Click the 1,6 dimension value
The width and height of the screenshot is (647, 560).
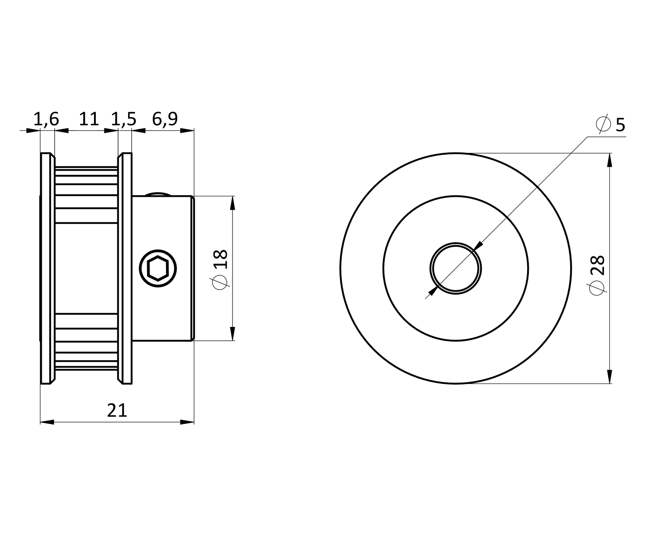46,119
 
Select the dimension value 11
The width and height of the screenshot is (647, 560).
89,119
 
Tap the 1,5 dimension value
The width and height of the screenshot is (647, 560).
124,119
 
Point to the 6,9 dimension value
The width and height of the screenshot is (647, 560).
165,119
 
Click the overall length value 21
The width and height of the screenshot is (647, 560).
117,410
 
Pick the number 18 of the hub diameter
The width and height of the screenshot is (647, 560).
221,259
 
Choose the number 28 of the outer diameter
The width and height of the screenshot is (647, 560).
597,265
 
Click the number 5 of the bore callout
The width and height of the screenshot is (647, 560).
620,125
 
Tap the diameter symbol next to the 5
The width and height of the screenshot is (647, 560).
603,124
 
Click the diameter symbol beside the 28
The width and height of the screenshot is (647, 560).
597,288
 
